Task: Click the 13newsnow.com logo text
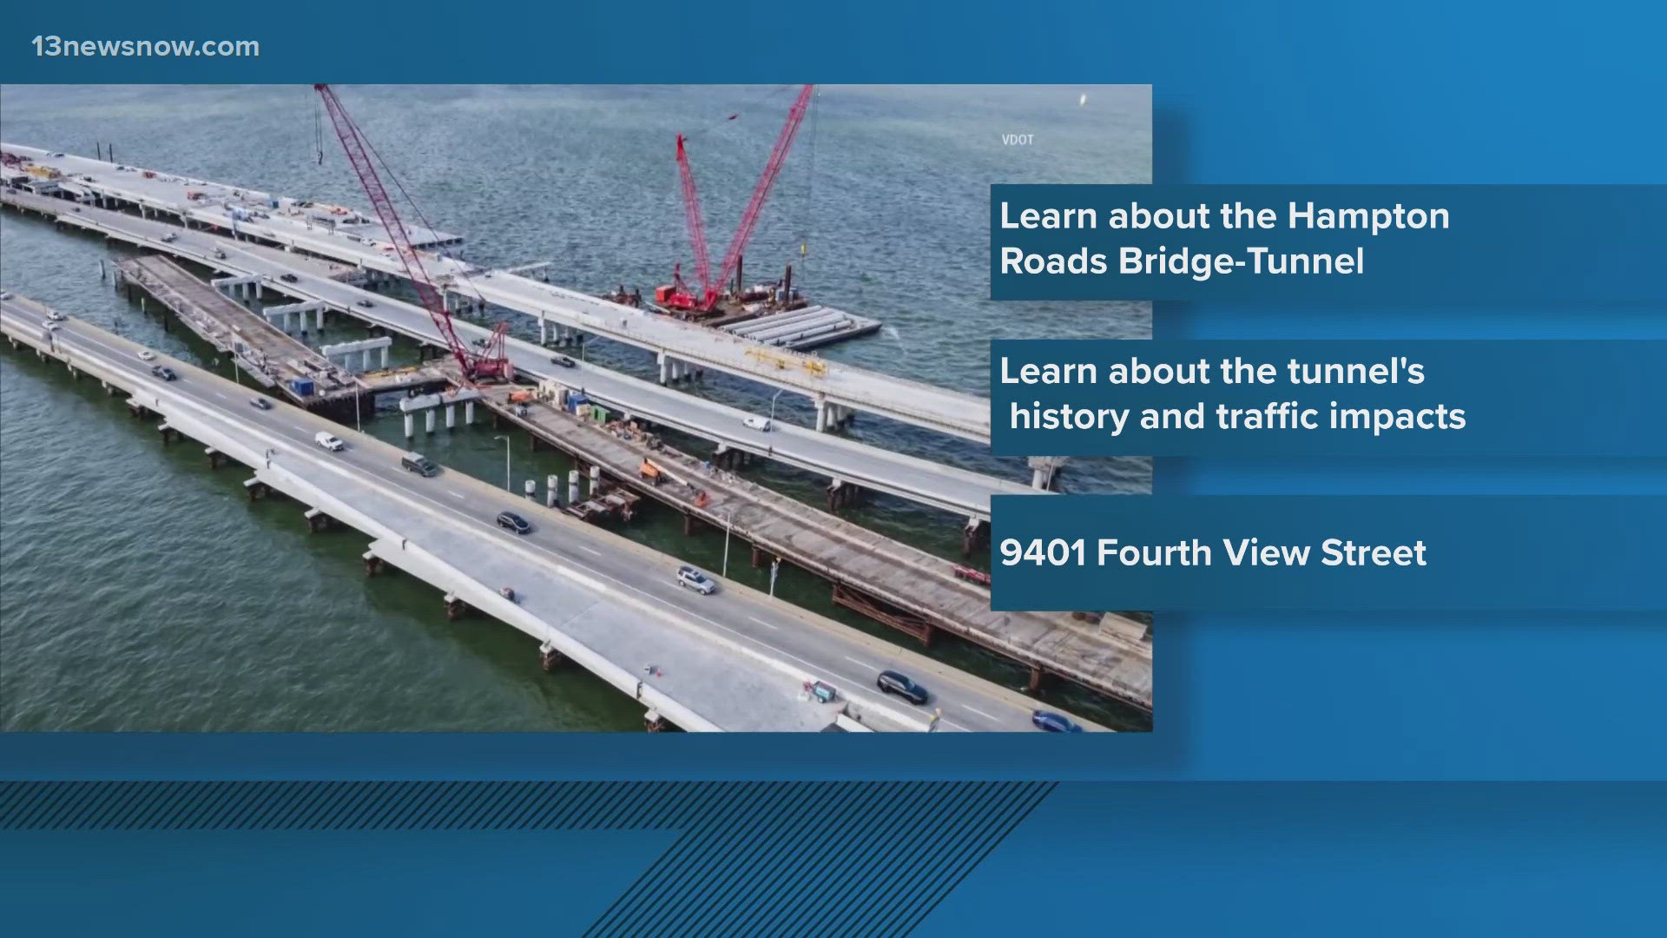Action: click(145, 46)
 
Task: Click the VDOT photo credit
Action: click(1017, 139)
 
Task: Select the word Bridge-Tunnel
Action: click(1241, 261)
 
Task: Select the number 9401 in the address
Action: click(1043, 553)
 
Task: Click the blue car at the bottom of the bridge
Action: click(1055, 721)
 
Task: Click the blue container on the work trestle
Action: click(303, 385)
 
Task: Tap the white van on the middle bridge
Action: click(755, 423)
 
